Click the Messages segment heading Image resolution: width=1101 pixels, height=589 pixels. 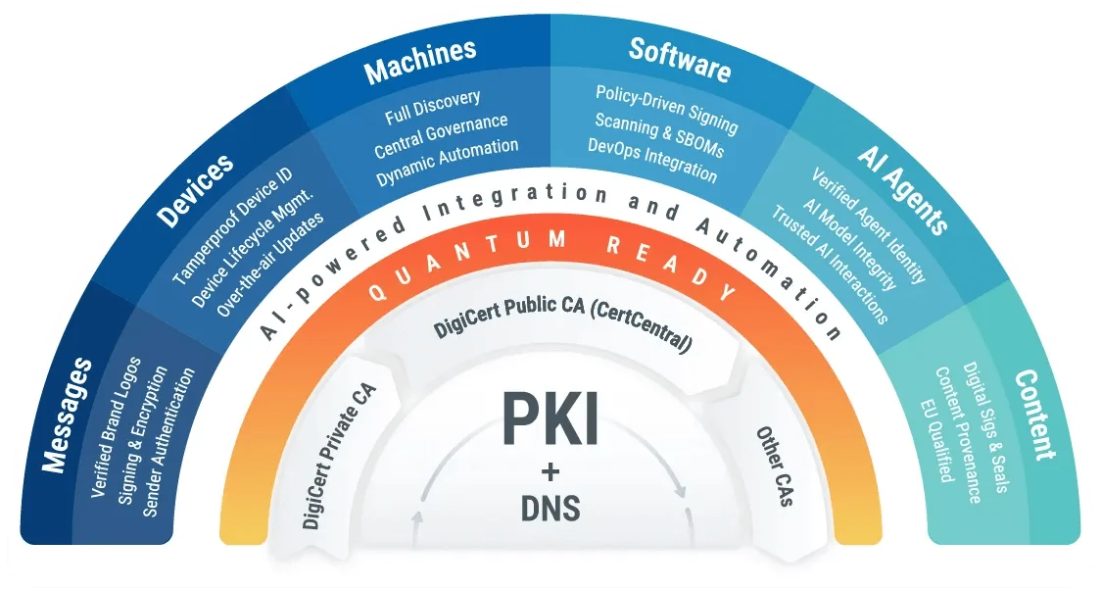(66, 415)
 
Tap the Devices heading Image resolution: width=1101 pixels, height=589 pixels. (195, 189)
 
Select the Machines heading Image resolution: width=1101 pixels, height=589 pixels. (420, 61)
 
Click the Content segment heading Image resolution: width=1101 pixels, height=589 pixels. (1035, 415)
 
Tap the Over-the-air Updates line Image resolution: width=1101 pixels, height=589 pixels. (270, 265)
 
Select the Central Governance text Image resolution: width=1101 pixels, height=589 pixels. (441, 135)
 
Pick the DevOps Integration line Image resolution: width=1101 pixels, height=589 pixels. (652, 161)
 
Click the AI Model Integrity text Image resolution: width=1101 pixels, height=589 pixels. (849, 245)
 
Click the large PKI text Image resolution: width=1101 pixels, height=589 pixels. (550, 418)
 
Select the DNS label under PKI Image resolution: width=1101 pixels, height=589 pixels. (550, 508)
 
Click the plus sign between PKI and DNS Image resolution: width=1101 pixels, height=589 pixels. (550, 471)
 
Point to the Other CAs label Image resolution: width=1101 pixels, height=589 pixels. (775, 466)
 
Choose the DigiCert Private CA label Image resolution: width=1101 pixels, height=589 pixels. (340, 456)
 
